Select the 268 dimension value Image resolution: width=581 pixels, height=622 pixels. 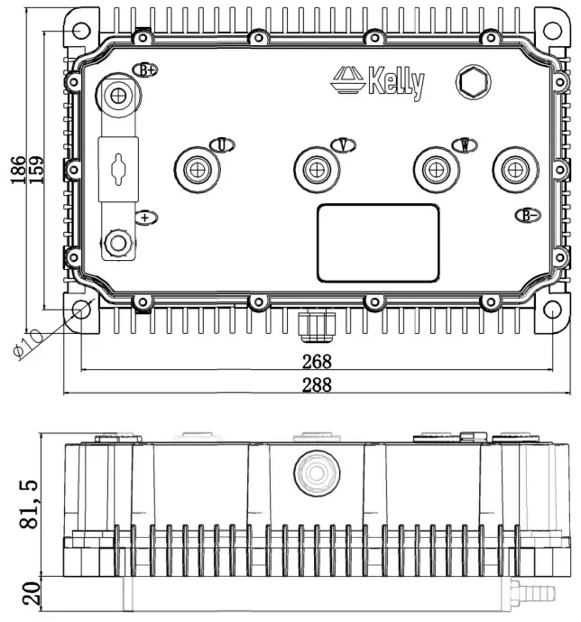pos(317,361)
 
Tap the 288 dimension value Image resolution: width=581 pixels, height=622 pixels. pos(317,385)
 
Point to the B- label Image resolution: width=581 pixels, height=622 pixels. pos(527,215)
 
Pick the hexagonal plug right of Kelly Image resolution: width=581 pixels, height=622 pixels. pos(471,82)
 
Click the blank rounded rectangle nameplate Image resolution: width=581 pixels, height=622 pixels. pos(377,243)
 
